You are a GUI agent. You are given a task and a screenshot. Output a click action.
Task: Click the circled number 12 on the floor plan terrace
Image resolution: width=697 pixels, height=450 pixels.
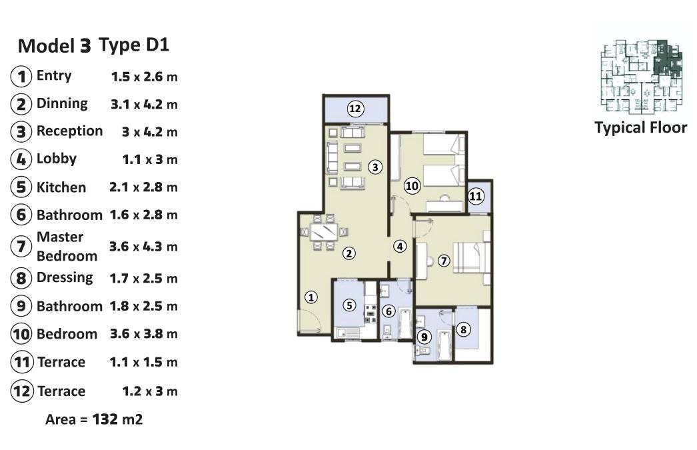tap(354, 109)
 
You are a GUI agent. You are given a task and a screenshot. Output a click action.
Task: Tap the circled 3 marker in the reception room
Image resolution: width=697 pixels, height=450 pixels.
tap(375, 167)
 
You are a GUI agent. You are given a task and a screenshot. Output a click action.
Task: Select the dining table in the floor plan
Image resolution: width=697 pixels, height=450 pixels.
tap(324, 232)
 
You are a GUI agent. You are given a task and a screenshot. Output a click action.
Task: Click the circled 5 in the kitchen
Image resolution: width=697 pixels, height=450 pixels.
tap(349, 305)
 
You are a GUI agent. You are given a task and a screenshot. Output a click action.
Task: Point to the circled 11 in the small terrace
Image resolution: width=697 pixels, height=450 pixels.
tap(475, 196)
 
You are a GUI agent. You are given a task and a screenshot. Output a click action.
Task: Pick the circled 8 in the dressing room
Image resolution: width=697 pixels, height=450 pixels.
tap(463, 329)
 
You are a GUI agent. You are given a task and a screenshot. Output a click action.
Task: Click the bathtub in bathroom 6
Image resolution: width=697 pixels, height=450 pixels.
tap(404, 324)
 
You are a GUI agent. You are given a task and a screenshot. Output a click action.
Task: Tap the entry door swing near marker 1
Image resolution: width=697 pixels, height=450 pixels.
tap(310, 321)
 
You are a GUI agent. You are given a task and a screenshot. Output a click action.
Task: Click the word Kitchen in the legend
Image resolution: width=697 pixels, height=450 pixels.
tap(61, 187)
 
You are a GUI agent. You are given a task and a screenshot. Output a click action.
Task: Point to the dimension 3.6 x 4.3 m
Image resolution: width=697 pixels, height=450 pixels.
tap(143, 247)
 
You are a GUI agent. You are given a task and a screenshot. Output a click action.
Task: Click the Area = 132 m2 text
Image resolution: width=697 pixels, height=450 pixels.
tap(94, 419)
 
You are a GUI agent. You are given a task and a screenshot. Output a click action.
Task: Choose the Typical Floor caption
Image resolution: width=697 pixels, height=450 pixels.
tap(640, 127)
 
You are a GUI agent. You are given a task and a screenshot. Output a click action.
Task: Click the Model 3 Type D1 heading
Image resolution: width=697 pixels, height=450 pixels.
tap(93, 45)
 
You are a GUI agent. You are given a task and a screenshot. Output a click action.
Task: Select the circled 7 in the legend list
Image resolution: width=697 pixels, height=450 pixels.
tap(21, 247)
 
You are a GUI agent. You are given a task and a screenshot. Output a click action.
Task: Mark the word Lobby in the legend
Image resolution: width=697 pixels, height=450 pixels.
tap(57, 159)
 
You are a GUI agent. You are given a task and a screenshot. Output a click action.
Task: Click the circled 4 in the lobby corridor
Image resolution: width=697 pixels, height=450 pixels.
tap(400, 246)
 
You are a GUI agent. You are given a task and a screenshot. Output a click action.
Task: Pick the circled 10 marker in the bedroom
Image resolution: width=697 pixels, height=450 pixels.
tap(412, 185)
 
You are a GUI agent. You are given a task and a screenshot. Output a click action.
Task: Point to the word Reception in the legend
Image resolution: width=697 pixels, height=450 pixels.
tap(69, 131)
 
